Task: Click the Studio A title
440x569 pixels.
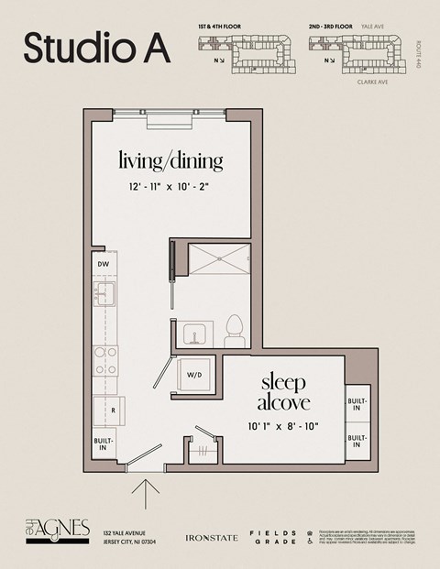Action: coord(96,48)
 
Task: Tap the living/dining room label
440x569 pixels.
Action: coord(170,161)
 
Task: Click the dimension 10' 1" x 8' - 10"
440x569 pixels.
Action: coord(283,425)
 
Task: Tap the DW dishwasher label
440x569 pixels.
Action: coord(104,265)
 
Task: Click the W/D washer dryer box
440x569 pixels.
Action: coord(195,375)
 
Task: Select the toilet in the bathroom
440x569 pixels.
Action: coord(235,331)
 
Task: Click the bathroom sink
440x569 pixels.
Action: coord(195,334)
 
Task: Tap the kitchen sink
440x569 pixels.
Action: coord(104,295)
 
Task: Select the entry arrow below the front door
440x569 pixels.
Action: coord(145,493)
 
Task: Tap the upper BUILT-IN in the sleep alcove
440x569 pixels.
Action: coord(356,404)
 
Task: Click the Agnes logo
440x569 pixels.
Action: coord(57,531)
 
